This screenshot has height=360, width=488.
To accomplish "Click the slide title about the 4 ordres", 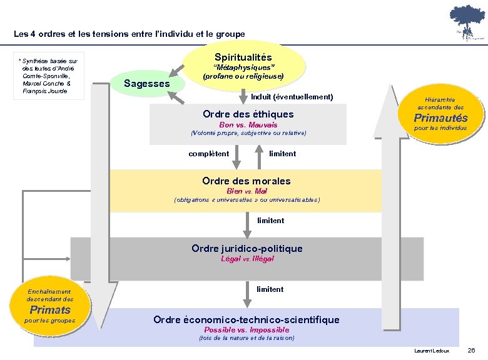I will click(x=130, y=34).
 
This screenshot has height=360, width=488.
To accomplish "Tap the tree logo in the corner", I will click(x=465, y=22).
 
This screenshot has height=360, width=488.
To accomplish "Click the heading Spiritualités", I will click(x=243, y=57).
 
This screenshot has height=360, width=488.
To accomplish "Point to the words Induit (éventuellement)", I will click(x=292, y=97).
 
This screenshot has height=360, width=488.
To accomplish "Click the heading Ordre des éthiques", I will click(x=248, y=114).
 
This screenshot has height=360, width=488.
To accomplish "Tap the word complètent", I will click(x=209, y=153).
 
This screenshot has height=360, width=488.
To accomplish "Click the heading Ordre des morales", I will click(x=247, y=181).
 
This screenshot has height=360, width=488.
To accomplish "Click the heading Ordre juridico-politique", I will click(x=247, y=248).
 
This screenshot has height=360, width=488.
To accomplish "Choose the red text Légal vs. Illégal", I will click(x=247, y=258).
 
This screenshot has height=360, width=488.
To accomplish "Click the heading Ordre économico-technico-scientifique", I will click(x=247, y=319).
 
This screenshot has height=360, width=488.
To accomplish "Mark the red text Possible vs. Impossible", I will click(x=247, y=329).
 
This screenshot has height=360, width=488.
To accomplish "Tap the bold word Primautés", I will click(x=440, y=118).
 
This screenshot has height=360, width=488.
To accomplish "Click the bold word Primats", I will click(x=50, y=309).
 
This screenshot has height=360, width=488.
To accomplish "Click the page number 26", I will click(x=472, y=350).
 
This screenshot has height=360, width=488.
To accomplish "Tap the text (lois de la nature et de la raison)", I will click(x=247, y=338).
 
